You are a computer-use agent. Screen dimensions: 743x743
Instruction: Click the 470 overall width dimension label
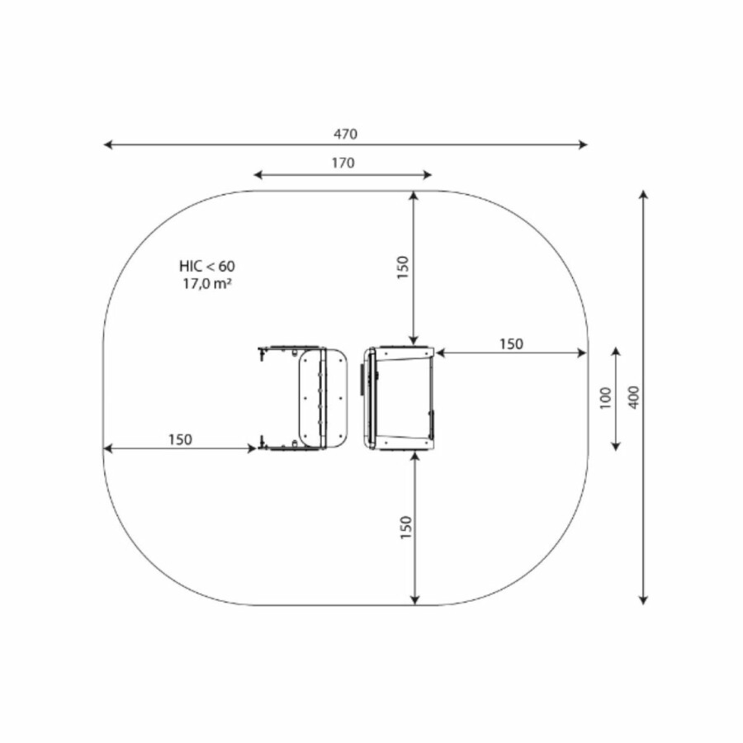[x=345, y=134]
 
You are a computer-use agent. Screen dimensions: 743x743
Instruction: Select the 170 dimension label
[x=343, y=163]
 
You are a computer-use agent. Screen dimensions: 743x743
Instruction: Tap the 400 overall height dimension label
[x=634, y=397]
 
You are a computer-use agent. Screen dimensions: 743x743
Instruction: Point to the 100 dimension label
[x=606, y=398]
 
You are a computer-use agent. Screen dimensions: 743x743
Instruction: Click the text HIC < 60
[x=207, y=267]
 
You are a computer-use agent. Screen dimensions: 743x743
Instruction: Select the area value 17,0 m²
[x=207, y=284]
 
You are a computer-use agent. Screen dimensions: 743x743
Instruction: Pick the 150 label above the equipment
[x=403, y=267]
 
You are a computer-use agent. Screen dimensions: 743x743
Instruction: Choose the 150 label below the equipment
[x=406, y=528]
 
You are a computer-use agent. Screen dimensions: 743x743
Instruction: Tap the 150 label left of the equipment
[x=180, y=440]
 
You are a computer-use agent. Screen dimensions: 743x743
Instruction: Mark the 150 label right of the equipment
[x=511, y=344]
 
